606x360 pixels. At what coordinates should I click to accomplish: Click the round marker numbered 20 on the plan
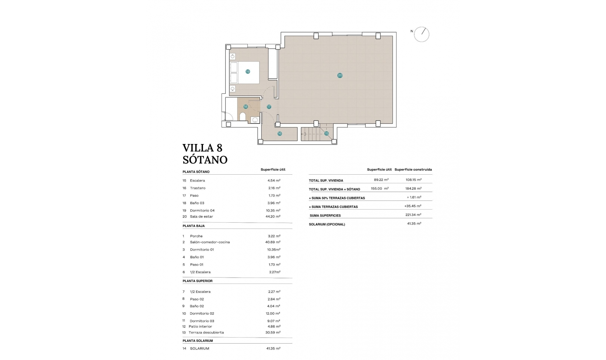(340, 75)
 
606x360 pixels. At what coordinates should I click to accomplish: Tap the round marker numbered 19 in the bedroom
(248, 72)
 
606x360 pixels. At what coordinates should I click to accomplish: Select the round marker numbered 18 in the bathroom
(246, 107)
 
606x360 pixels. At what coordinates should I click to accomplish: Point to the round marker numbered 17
(269, 107)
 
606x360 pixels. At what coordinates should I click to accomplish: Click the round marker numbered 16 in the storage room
(280, 134)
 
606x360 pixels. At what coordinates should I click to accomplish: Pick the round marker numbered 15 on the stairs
(326, 134)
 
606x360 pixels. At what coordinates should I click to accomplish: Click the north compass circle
(422, 34)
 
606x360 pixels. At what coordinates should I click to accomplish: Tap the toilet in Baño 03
(243, 117)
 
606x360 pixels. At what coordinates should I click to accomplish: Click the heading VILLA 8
(202, 148)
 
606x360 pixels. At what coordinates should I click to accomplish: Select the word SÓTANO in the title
(205, 160)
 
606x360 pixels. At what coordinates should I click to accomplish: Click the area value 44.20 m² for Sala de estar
(273, 217)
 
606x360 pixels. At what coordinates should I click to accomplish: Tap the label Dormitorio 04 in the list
(202, 211)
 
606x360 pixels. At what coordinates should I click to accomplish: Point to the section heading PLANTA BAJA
(193, 226)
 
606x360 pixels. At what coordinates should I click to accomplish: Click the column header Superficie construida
(413, 170)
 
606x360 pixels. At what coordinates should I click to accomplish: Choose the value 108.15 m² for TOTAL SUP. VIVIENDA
(413, 180)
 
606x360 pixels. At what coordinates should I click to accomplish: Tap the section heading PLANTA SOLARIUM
(198, 341)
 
